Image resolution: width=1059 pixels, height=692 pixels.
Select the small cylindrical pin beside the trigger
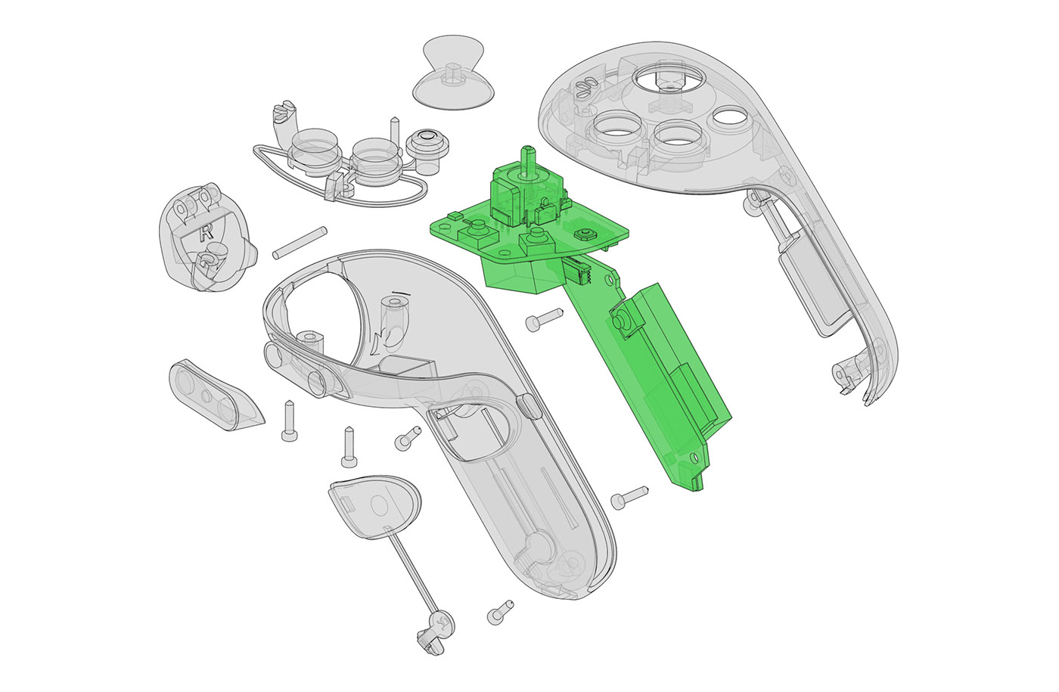click(299, 241)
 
